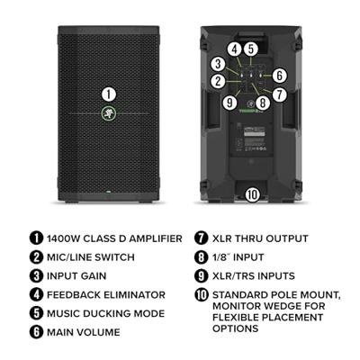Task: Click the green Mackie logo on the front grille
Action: point(108,113)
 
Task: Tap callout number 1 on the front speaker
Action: point(108,94)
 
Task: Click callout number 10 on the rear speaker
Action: point(253,193)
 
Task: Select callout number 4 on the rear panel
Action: point(234,49)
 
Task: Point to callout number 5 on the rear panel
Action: point(252,49)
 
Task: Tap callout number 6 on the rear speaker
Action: point(279,76)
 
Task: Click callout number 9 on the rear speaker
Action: point(279,94)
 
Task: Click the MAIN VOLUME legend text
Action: point(81,331)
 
